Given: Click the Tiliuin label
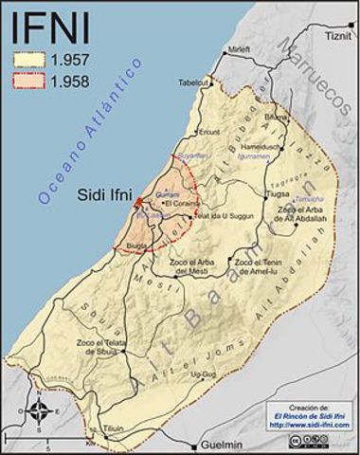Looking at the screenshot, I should click(115, 428).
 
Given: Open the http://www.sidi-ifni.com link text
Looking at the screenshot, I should click(309, 427).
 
